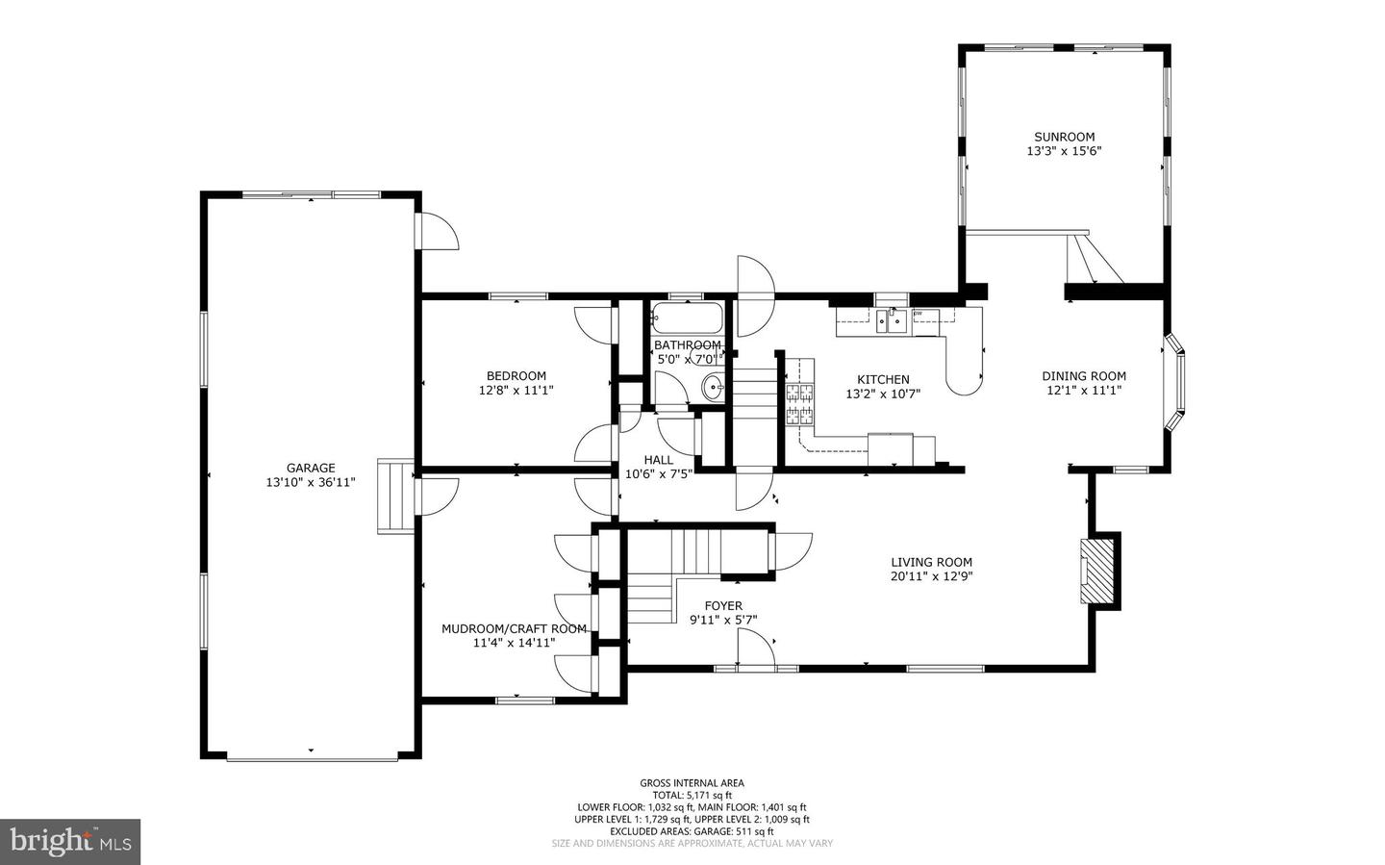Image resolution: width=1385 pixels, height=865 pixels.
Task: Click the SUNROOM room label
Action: (1064, 137)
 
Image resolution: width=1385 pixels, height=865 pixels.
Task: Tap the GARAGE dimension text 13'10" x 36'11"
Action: (311, 483)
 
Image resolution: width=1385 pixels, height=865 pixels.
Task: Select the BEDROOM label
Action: (516, 375)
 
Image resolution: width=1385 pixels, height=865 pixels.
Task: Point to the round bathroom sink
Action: (714, 388)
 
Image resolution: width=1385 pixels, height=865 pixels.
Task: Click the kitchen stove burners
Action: (799, 405)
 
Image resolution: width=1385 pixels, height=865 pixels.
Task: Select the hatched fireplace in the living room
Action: (1096, 571)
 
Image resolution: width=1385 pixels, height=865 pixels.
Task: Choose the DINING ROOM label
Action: (1084, 375)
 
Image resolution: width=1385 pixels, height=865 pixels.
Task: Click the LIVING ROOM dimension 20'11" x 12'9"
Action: (931, 576)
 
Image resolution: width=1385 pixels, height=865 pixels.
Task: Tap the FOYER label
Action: (723, 606)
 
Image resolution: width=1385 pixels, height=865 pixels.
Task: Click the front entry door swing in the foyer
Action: (756, 648)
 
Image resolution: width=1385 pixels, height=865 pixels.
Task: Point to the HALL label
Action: (659, 460)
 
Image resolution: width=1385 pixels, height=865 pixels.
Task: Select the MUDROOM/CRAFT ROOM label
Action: (514, 628)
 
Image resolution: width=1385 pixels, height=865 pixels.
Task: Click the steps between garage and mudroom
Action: (395, 496)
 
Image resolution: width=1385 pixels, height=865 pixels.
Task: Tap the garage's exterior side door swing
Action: (437, 232)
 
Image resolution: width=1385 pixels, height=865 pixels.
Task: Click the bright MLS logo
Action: (70, 842)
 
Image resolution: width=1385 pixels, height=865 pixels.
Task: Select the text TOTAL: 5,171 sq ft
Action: (692, 795)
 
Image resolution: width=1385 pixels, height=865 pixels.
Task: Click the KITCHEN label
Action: (883, 379)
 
